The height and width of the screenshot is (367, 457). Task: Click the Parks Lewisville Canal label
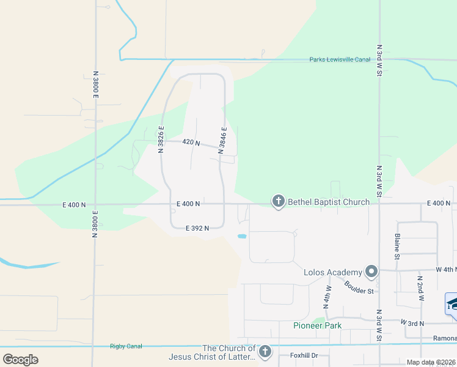[x=340, y=59]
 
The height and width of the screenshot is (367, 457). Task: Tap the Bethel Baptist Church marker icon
[x=279, y=201]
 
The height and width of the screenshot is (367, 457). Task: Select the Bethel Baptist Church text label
[x=329, y=202]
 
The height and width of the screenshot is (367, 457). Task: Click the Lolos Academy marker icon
[x=371, y=270]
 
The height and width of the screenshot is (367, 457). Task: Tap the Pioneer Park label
[x=317, y=325]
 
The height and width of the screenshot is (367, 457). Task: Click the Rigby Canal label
[x=126, y=346]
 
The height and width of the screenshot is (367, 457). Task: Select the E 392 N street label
[x=197, y=228]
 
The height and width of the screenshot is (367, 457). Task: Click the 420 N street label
[x=191, y=142]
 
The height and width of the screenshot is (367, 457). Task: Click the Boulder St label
[x=359, y=286]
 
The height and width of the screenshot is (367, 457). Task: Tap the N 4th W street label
[x=327, y=295]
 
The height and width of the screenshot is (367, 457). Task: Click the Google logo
[x=20, y=360]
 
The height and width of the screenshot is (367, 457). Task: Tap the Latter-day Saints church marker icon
[x=265, y=352]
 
